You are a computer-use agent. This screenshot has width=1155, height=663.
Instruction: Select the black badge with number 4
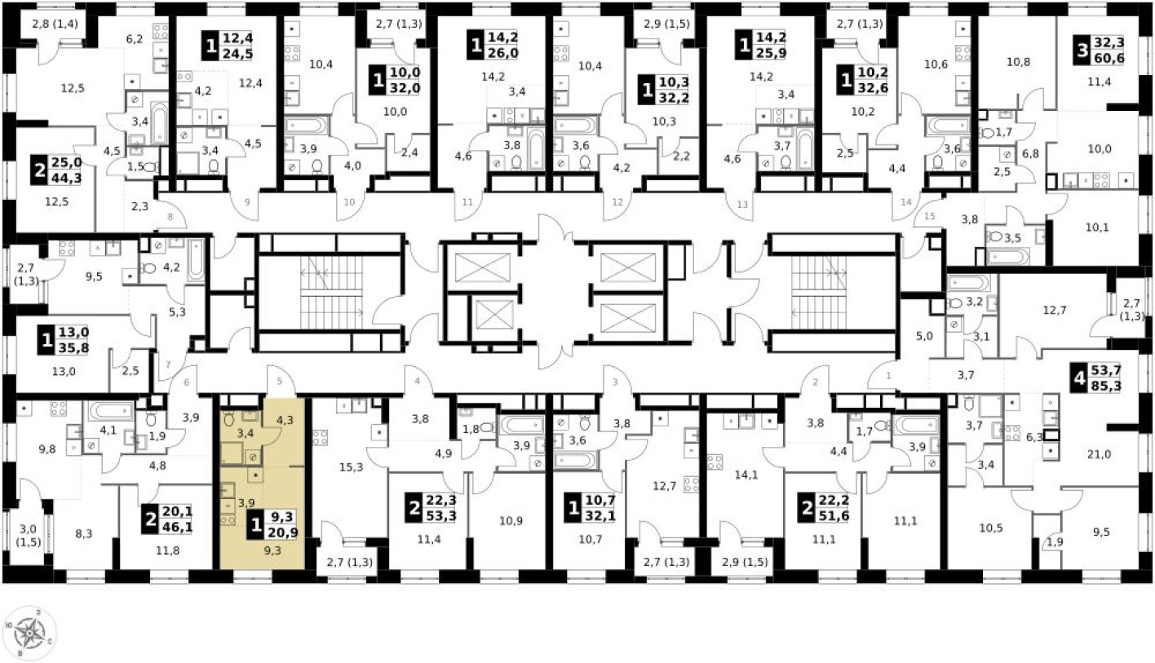pyautogui.click(x=1081, y=378)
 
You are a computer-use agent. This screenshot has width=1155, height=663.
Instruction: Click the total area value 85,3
pyautogui.click(x=1106, y=387)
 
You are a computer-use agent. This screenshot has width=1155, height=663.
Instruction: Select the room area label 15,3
pyautogui.click(x=352, y=467)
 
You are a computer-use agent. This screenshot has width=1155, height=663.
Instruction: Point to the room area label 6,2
pyautogui.click(x=135, y=38)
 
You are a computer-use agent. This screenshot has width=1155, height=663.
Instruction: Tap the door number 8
pyautogui.click(x=170, y=217)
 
